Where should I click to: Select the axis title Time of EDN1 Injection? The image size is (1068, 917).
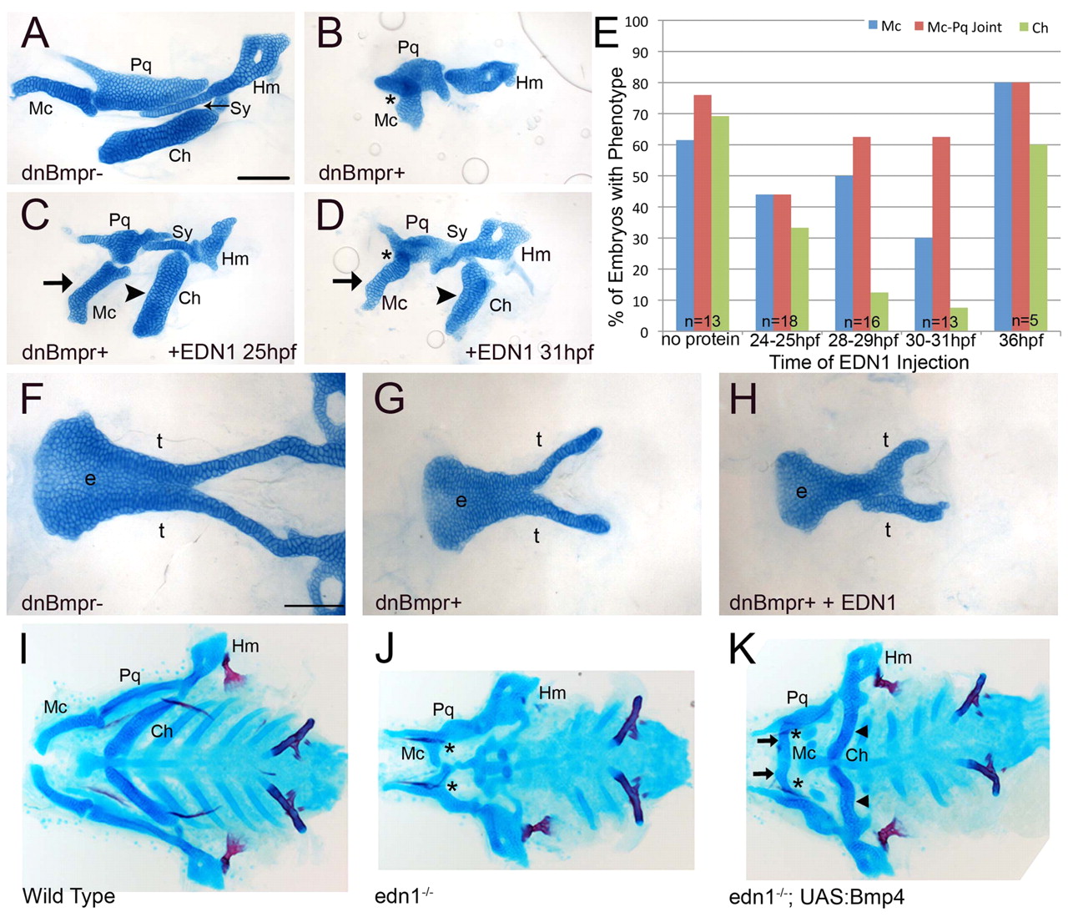[x=869, y=362]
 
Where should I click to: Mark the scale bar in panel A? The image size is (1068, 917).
[x=263, y=177]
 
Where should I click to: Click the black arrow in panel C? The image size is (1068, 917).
[x=58, y=284]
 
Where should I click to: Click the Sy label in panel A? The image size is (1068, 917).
[x=240, y=108]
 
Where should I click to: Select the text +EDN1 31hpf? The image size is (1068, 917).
[x=529, y=352]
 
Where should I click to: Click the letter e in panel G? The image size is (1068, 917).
[x=460, y=501]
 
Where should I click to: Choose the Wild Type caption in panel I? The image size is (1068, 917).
[x=68, y=896]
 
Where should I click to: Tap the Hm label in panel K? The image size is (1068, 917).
[x=898, y=658]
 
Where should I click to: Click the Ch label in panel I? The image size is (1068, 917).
[x=162, y=731]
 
